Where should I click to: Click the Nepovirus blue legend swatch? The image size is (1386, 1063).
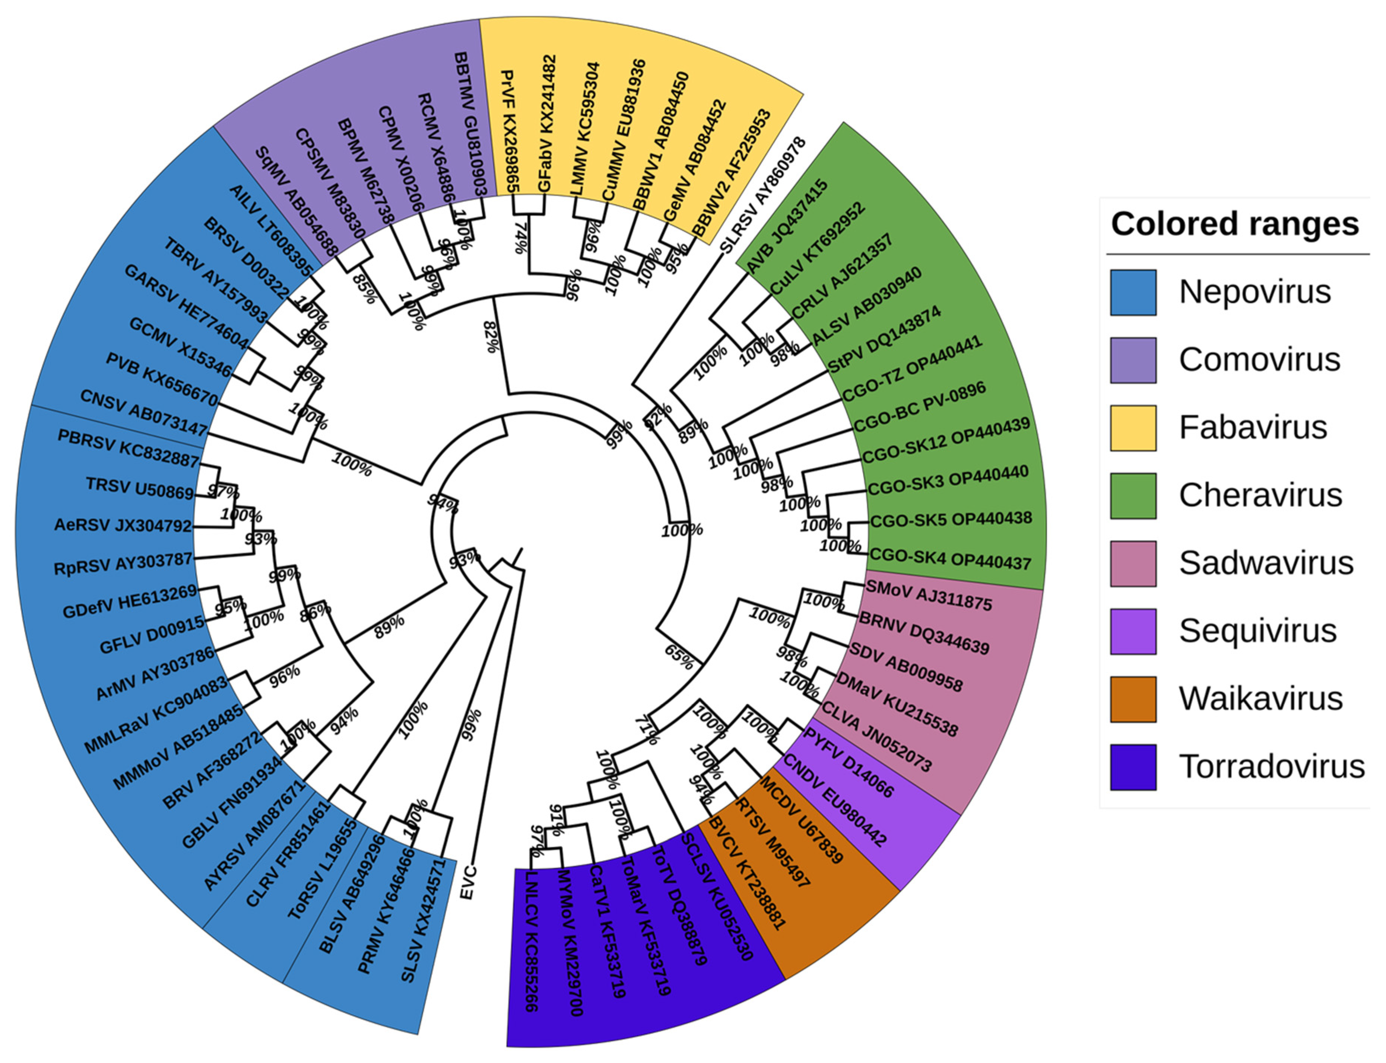[1133, 292]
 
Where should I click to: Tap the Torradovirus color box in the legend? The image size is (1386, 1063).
[1133, 766]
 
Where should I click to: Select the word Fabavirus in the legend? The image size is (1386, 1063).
[1252, 427]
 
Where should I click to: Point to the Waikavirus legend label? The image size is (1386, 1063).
[1260, 699]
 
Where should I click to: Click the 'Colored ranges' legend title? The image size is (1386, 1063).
[1235, 224]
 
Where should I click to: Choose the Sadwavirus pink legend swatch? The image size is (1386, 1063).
[1133, 563]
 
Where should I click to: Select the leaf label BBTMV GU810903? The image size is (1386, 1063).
[469, 124]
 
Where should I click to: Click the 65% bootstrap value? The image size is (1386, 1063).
[678, 657]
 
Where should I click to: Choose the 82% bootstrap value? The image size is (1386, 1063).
[491, 336]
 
